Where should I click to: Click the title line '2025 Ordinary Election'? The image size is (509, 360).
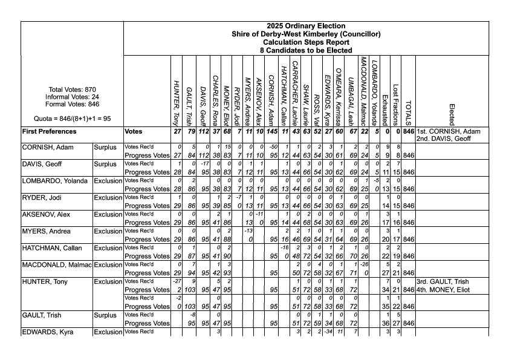pyautogui.click(x=306, y=26)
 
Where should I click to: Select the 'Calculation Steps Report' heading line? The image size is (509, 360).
pyautogui.click(x=306, y=42)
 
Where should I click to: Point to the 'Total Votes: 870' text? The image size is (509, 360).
pyautogui.click(x=72, y=90)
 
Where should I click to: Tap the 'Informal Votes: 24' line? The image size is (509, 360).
pyautogui.click(x=72, y=97)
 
